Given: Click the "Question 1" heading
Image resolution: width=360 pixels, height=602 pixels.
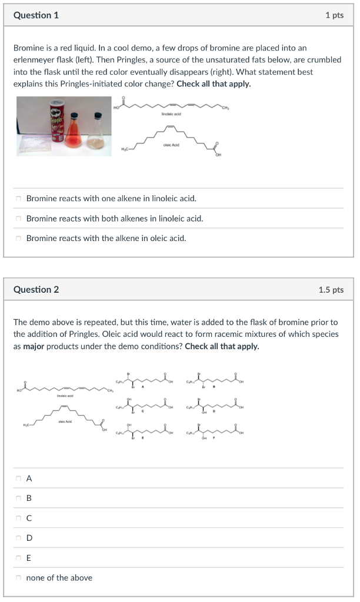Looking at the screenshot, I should click(36, 15).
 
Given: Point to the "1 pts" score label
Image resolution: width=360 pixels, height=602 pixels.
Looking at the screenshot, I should click(334, 15).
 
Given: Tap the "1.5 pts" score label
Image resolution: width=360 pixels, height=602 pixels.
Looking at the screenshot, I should click(331, 289).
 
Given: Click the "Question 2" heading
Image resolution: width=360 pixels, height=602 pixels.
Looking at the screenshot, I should click(36, 289).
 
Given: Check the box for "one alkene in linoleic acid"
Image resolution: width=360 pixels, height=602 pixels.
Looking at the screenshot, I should click(19, 199).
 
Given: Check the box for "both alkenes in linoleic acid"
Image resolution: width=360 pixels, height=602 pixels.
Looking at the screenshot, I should click(19, 219).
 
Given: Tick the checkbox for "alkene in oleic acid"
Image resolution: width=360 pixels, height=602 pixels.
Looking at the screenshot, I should click(19, 239).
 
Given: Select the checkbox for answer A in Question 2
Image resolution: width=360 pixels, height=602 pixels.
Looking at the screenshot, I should click(19, 479).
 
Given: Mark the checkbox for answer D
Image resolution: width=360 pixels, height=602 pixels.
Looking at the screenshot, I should click(19, 538).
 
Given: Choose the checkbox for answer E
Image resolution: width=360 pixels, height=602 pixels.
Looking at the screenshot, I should click(19, 558).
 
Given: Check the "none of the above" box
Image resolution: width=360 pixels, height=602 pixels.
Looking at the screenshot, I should click(19, 578).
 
